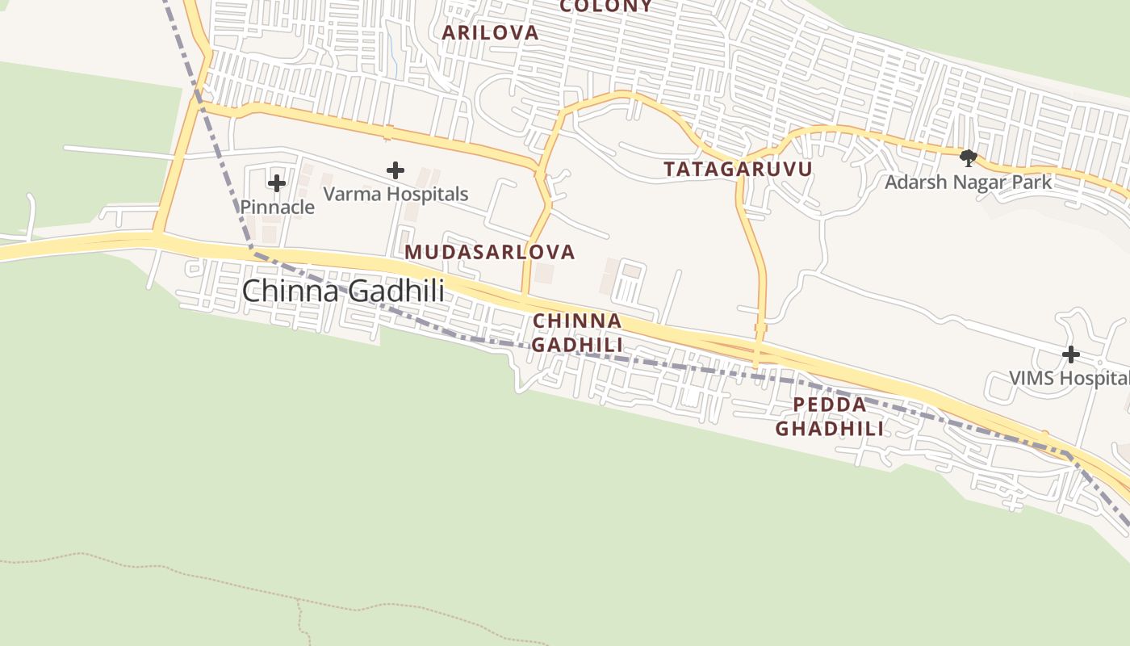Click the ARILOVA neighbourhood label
coord(490,32)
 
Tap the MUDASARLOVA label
coord(490,252)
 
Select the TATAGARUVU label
coord(738,169)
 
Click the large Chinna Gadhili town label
coord(343,291)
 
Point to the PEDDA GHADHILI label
coord(830,417)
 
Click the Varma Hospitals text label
coord(395,194)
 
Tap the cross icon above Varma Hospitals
coord(395,170)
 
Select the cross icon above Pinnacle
coord(277,183)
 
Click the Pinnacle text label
coord(277,207)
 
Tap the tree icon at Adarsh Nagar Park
coord(969,157)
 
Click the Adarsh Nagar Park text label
coord(969,182)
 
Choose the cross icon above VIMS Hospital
coord(1071,354)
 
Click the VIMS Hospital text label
coord(1069,378)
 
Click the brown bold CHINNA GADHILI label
coord(577,333)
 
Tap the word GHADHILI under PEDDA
coord(830,429)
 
